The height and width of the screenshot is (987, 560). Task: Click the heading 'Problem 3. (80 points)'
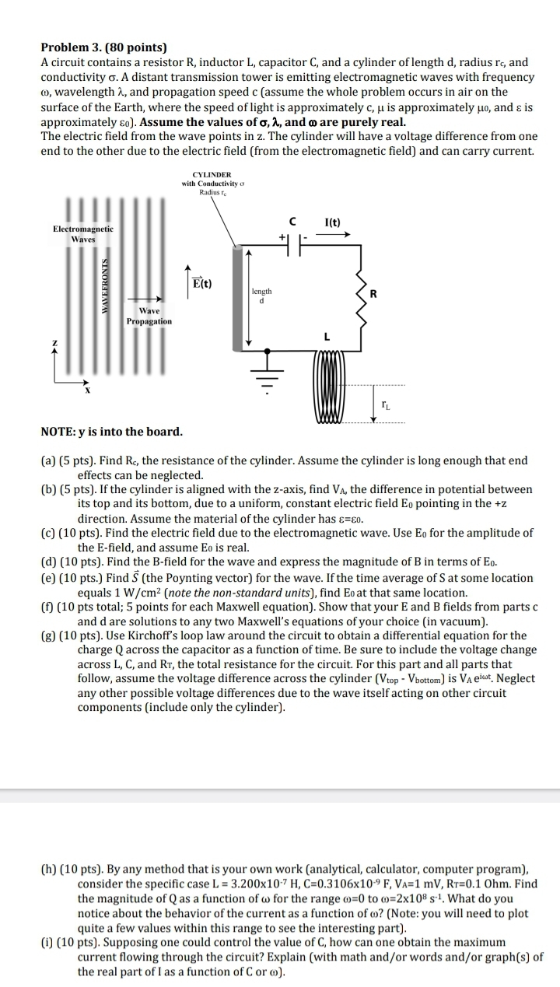(x=104, y=48)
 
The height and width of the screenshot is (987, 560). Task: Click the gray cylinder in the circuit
(x=237, y=296)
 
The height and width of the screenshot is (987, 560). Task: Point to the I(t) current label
(x=333, y=222)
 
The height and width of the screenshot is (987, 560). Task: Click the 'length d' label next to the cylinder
(x=261, y=296)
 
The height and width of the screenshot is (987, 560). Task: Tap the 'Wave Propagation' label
(x=149, y=316)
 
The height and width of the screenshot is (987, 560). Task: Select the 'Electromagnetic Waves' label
(x=82, y=233)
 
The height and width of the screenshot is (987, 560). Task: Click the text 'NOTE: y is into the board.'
(x=112, y=432)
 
